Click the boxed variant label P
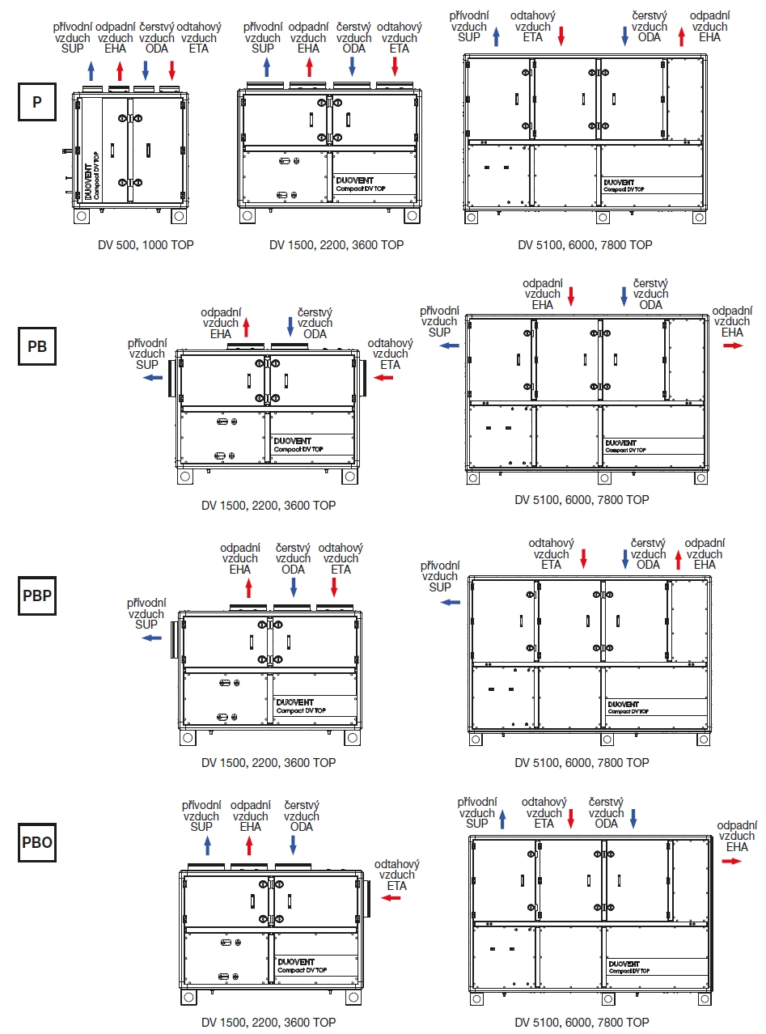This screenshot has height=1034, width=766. click(37, 104)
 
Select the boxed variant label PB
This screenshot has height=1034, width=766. click(37, 346)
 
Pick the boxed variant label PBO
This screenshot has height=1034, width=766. click(37, 842)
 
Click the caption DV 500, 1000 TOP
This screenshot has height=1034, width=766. click(135, 244)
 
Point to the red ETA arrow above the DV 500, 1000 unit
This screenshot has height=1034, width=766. click(171, 70)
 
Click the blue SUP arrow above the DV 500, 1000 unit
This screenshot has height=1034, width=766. click(91, 70)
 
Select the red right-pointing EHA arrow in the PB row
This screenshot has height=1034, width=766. click(733, 345)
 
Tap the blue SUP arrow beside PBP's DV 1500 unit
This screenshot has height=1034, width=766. click(151, 638)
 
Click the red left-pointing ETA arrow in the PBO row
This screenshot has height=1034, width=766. click(391, 898)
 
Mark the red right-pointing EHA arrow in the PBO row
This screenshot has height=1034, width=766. click(731, 861)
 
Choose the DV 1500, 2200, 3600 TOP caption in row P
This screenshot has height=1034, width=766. click(336, 244)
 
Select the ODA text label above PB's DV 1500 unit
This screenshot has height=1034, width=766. click(315, 333)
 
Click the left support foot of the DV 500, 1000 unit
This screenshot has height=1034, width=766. click(83, 218)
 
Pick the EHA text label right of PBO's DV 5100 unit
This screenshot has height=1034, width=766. click(737, 846)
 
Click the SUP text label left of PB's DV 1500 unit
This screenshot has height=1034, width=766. click(146, 364)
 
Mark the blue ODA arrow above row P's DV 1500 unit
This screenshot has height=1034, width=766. click(352, 66)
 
